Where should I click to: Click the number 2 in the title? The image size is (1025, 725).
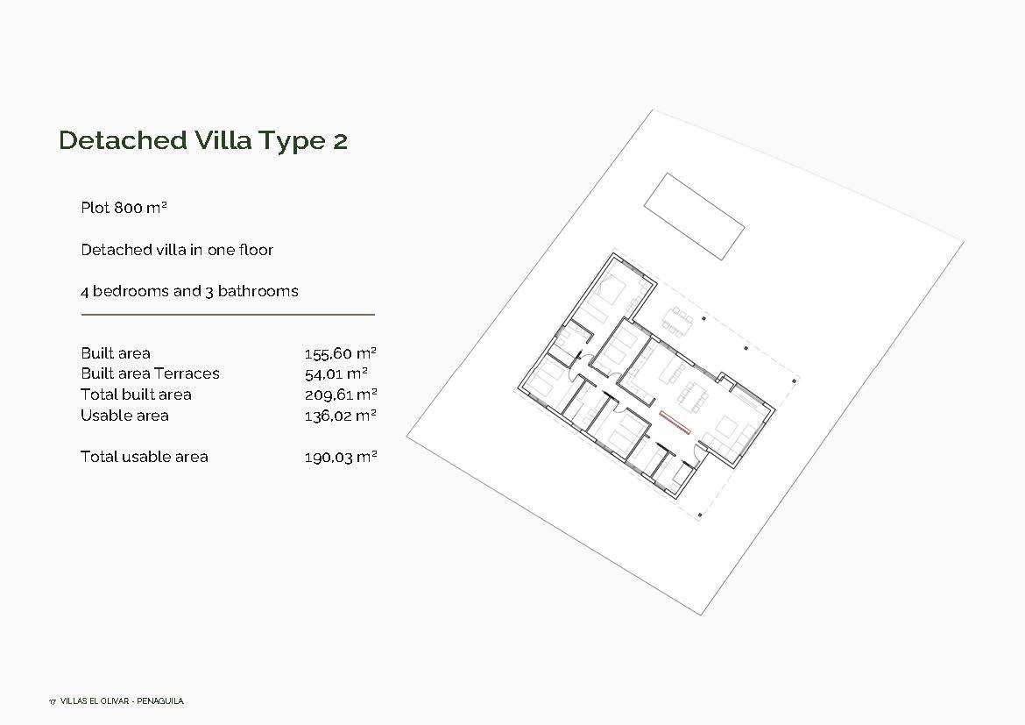(x=340, y=140)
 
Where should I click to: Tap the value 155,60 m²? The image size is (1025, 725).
(x=340, y=353)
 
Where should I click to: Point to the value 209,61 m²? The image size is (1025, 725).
(x=340, y=394)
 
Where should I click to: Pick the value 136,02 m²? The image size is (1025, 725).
(x=340, y=416)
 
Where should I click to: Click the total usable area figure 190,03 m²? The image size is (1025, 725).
(x=340, y=457)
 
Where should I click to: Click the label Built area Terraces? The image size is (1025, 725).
(x=150, y=373)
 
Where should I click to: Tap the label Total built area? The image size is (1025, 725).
(x=136, y=394)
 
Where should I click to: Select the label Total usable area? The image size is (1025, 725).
(x=145, y=457)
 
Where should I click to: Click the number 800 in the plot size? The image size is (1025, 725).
(x=129, y=208)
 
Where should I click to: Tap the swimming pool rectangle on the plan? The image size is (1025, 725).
(x=694, y=216)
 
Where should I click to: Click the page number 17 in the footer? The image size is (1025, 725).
(x=53, y=701)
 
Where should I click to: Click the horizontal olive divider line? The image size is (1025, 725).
(x=228, y=314)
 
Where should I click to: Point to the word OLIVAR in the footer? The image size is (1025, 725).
(x=116, y=701)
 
